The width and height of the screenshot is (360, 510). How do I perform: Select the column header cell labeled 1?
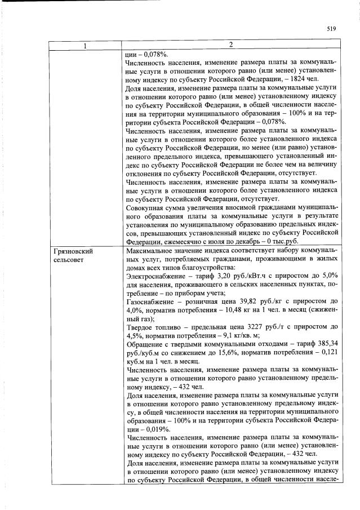[85, 45]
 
